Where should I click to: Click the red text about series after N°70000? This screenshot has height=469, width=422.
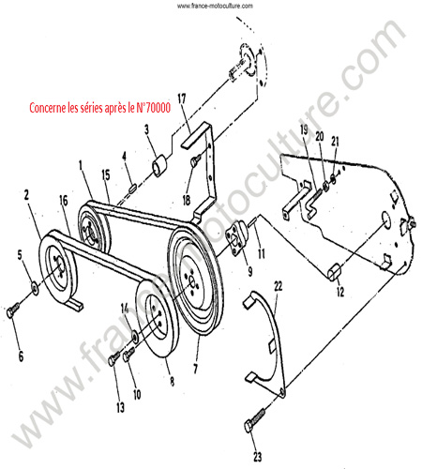(100, 108)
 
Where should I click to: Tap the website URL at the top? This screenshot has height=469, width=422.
(215, 6)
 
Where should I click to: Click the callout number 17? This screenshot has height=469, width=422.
(182, 98)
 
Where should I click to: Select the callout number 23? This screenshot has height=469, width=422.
(257, 457)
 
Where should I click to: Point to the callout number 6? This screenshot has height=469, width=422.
(21, 356)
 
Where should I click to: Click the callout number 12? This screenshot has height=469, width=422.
(340, 292)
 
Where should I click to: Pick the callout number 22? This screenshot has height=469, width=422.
(278, 286)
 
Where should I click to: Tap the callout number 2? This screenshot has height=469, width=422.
(26, 195)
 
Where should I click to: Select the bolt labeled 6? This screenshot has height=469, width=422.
(13, 310)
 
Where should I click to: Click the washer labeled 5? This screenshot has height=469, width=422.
(35, 287)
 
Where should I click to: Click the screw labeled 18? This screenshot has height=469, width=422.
(195, 161)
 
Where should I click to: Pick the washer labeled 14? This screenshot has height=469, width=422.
(136, 337)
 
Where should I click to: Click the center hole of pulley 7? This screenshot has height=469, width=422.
(193, 283)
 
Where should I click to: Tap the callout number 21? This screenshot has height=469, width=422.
(335, 142)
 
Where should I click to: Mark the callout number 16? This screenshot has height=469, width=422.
(64, 201)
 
